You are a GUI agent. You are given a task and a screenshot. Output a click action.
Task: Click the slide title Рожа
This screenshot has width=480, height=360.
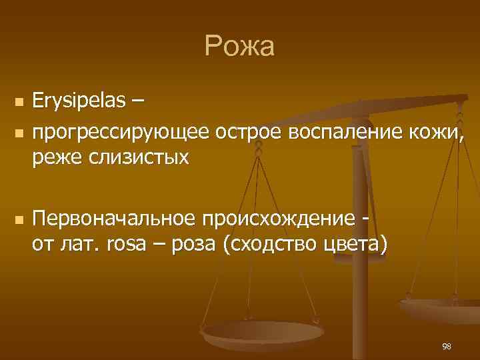tap(239, 47)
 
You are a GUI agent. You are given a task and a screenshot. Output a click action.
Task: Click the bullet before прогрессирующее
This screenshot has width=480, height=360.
tap(19, 133)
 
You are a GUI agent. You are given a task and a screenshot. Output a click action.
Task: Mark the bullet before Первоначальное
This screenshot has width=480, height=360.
tap(19, 220)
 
